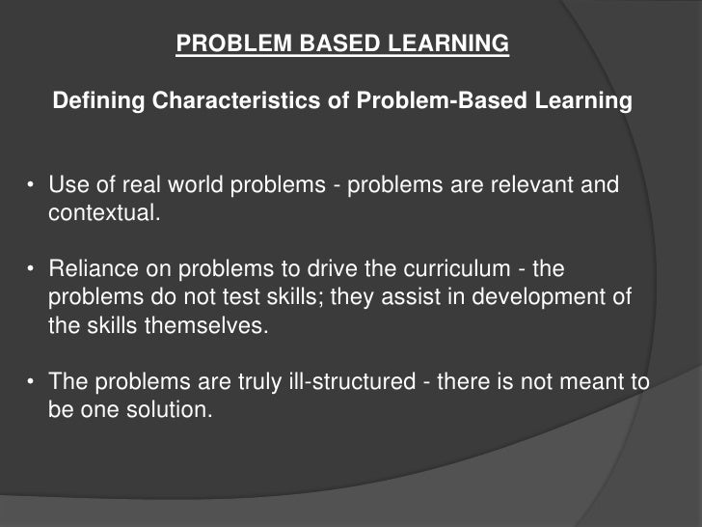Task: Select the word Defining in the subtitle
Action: coord(92,100)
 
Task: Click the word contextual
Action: coord(101,213)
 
